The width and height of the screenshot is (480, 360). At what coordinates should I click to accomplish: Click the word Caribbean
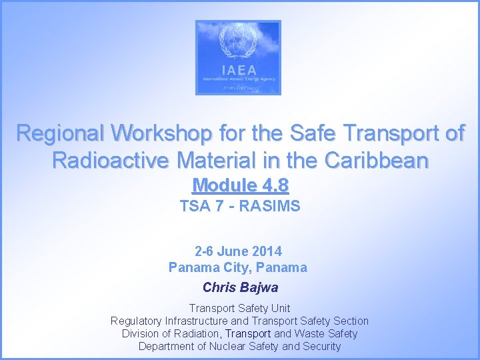377,161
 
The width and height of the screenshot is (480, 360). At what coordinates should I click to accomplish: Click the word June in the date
233,251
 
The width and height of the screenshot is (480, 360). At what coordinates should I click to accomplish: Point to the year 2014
267,251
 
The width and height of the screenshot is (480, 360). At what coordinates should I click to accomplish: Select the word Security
321,346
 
